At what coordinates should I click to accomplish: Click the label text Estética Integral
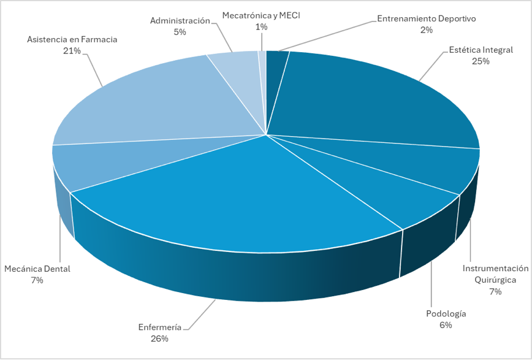coord(481,50)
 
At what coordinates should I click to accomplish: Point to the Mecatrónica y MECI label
coord(262,14)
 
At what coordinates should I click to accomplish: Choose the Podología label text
coord(446,314)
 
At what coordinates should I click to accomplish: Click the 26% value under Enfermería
coord(159,338)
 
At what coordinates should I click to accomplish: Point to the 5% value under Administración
coord(180,32)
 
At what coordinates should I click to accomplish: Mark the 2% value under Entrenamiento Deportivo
coord(427,29)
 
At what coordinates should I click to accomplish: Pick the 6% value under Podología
coord(446,325)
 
